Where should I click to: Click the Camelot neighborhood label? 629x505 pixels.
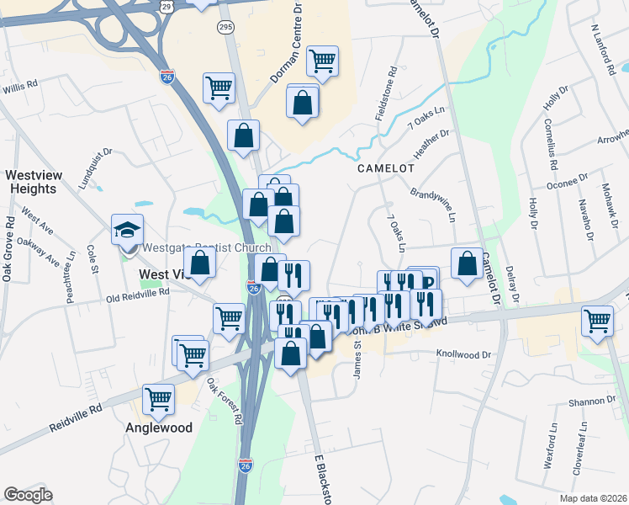(386, 168)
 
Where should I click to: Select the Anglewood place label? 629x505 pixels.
(160, 428)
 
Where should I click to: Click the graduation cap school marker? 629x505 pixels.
(127, 230)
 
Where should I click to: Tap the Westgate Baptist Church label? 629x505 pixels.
(207, 247)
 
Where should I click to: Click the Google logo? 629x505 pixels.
(28, 495)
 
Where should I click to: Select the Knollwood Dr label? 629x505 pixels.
(462, 355)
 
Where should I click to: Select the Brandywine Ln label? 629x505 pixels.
(433, 205)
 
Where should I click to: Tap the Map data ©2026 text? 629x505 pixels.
(596, 498)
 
